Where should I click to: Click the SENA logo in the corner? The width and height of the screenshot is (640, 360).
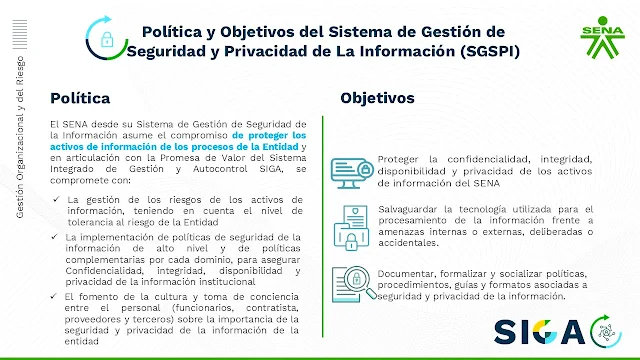(602, 37)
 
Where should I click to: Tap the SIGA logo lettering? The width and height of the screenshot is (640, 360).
(540, 332)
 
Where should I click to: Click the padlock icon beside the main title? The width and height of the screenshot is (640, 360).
(107, 40)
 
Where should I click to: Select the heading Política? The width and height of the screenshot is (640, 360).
(80, 98)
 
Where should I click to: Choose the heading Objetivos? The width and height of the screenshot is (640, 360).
(377, 98)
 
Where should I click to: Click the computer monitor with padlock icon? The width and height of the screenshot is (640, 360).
(352, 173)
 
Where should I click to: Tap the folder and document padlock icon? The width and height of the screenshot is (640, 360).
(351, 227)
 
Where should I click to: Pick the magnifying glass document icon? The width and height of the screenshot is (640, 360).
(353, 284)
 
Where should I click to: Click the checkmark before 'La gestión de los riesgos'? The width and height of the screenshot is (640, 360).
(56, 199)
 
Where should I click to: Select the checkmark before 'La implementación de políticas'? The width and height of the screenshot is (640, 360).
(55, 236)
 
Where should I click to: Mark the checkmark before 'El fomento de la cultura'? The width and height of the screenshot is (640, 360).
(54, 296)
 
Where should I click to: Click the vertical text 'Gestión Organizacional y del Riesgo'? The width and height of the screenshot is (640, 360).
(20, 137)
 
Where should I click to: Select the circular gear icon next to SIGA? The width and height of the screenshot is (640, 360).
(606, 331)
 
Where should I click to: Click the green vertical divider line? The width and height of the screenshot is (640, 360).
(322, 227)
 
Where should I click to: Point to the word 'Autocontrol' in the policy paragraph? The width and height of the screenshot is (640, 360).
(220, 169)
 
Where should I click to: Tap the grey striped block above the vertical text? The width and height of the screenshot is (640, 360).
(20, 34)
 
